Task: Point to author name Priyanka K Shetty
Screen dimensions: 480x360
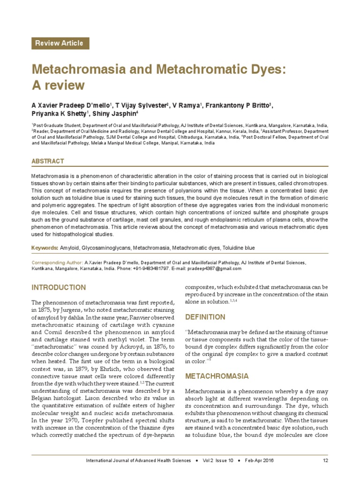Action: tap(59, 114)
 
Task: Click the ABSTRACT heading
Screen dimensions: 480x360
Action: tap(47, 161)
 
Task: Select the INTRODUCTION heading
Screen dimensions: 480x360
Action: tap(59, 287)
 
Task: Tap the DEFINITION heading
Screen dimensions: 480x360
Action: tap(205, 317)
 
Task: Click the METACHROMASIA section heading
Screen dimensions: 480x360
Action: tap(217, 376)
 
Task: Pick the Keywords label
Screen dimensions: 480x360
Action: tap(45, 247)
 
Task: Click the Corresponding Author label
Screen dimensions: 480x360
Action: tap(56, 263)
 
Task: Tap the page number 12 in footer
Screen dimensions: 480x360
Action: tap(325, 460)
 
